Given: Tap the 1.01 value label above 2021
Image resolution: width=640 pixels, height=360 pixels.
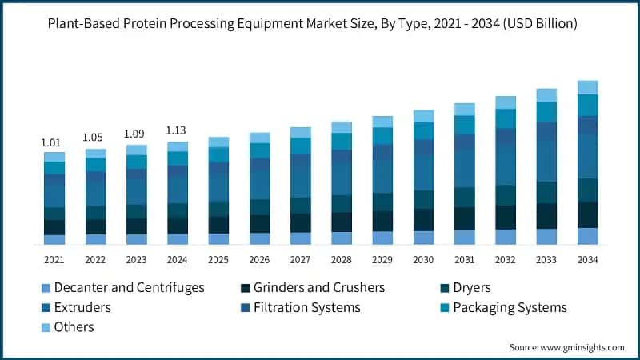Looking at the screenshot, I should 53,142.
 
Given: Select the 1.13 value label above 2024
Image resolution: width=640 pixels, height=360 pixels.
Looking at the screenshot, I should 178,131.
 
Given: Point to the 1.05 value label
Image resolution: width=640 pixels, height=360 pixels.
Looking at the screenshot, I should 94,138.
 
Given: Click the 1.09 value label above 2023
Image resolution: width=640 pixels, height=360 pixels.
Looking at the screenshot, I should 136,134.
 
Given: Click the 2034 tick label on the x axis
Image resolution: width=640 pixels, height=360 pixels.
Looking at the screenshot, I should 587,260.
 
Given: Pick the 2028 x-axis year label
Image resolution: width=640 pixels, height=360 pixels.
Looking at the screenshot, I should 341,260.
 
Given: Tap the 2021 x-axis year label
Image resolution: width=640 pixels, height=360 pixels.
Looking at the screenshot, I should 54,260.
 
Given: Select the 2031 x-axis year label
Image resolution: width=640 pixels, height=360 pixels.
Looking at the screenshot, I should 464,260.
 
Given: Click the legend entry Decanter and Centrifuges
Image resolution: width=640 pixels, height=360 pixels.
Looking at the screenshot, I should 128,287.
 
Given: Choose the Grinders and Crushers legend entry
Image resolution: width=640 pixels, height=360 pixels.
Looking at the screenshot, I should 319,287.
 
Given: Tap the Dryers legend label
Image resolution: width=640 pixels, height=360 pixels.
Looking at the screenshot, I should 472,287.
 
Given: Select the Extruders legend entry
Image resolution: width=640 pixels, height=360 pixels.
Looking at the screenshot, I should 83,307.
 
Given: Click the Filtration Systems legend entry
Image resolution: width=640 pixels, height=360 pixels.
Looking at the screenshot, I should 306,307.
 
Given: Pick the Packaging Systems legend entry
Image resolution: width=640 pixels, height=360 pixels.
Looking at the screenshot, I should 510,307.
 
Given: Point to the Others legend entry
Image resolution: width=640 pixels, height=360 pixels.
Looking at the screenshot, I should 74,327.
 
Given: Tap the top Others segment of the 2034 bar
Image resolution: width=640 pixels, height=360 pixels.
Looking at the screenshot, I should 587,87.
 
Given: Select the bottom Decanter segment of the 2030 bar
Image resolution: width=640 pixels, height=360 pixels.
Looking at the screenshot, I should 423,238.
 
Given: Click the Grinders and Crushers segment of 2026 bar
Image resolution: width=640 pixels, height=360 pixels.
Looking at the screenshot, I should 258,224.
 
